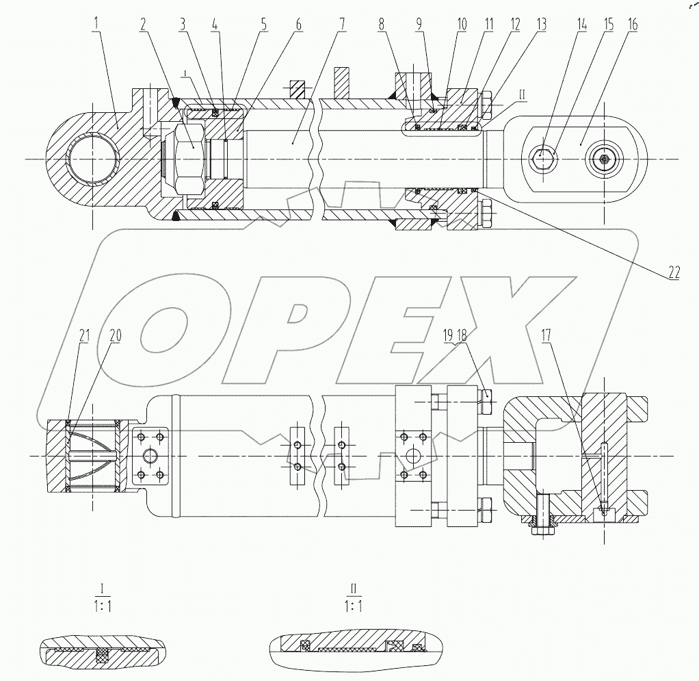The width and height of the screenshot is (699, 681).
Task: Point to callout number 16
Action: pos(632,24)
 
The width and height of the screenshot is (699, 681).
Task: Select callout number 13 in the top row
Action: pos(542,24)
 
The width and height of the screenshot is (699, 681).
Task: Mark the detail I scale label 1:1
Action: pos(101,606)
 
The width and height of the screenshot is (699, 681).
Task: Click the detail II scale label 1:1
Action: pos(353,606)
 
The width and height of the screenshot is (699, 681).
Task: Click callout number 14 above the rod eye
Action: pos(582,24)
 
